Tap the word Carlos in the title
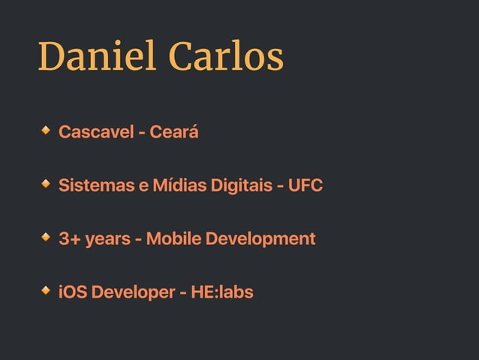pos(226,57)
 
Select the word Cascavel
pos(94,132)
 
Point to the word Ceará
pos(174,132)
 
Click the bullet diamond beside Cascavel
pos(47,131)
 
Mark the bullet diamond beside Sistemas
pos(47,183)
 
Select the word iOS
pos(73,292)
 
